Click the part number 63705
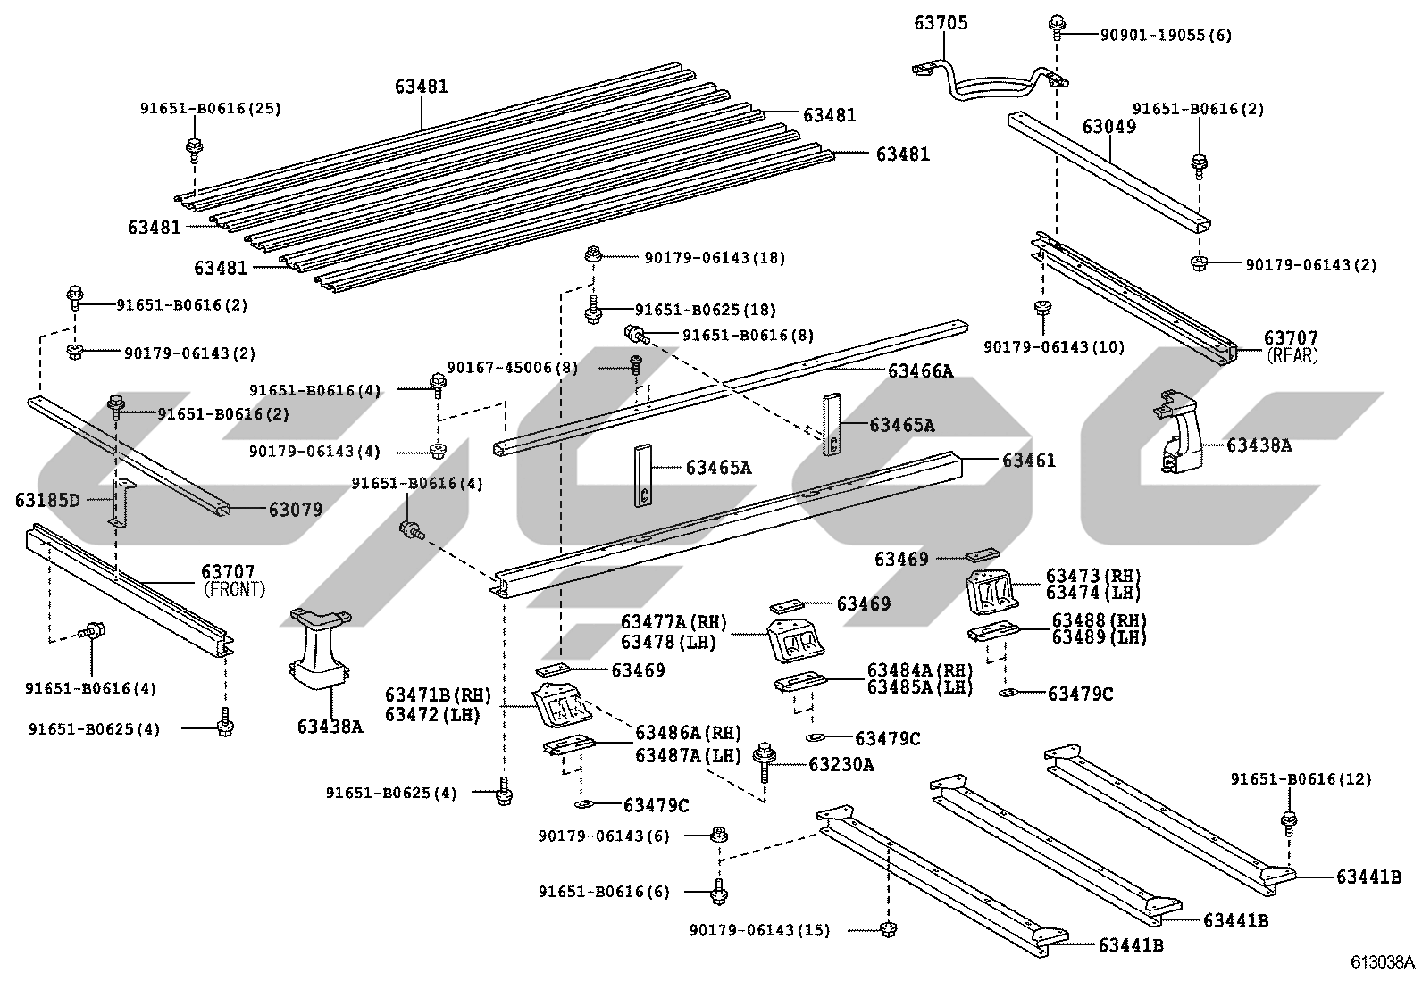(941, 23)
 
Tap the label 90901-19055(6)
(1166, 35)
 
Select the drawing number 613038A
(1383, 962)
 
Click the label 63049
(1109, 126)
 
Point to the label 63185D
(47, 501)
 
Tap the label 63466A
(921, 370)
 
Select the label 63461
(1029, 460)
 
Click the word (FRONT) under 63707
(234, 589)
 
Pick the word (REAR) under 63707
(1292, 355)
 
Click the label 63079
(295, 510)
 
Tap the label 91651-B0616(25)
(210, 109)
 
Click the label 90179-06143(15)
(759, 930)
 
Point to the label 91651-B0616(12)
(1301, 778)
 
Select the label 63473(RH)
(1093, 576)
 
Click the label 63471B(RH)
(438, 695)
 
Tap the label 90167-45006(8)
(513, 368)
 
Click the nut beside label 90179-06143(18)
(593, 255)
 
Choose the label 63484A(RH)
(920, 670)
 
